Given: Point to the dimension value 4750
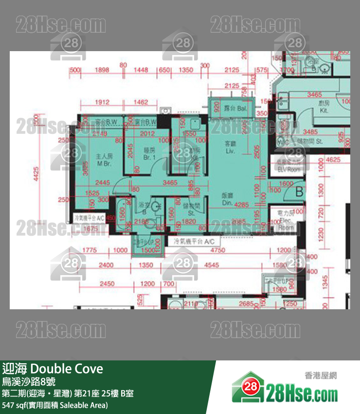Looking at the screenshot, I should click(x=218, y=250).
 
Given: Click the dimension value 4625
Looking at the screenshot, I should click(x=333, y=159).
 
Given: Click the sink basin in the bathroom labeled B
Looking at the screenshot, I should click(x=156, y=207).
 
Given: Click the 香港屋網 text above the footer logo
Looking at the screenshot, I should click(x=321, y=376).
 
